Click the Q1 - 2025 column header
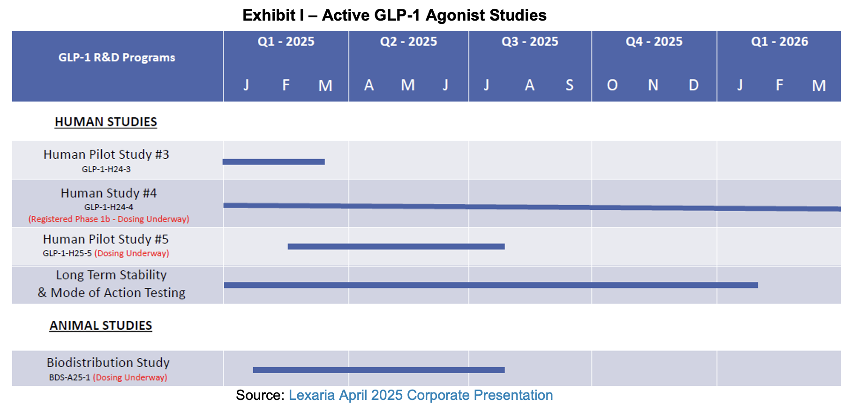[x=286, y=42]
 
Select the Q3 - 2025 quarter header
[x=530, y=42]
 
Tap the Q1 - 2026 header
[x=779, y=42]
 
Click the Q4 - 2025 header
[x=654, y=42]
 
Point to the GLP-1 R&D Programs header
[x=117, y=58]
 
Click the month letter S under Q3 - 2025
[x=569, y=85]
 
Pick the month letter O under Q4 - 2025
[x=612, y=85]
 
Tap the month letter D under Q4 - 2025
[x=693, y=85]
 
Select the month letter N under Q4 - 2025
[x=653, y=85]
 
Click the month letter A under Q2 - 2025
[x=369, y=85]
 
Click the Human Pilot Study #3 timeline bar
[x=274, y=162]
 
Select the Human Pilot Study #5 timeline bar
[x=396, y=246]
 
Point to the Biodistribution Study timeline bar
[x=379, y=370]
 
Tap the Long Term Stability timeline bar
[x=491, y=285]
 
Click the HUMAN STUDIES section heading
[x=106, y=122]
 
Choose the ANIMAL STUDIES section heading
[x=101, y=325]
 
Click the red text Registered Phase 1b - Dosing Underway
[x=109, y=219]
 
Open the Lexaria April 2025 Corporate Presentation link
[x=421, y=395]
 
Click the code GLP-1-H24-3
[x=106, y=170]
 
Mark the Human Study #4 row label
[x=109, y=193]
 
